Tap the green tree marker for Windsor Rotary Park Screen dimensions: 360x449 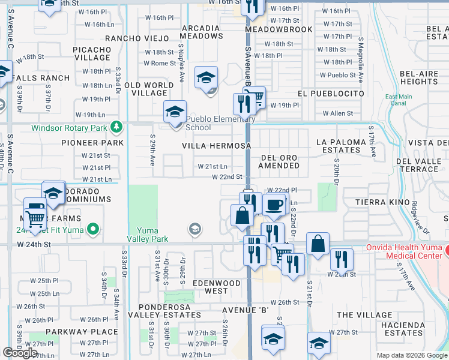click(115, 127)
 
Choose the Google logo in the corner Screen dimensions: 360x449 click(20, 353)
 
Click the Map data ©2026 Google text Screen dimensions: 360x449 click(412, 355)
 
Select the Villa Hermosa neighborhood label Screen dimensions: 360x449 click(216, 146)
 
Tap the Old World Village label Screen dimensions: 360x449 click(145, 89)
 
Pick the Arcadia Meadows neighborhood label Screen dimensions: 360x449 click(202, 32)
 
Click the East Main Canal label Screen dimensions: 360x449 click(399, 100)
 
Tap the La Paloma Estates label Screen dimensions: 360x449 click(340, 146)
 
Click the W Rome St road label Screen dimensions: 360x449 click(159, 64)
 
